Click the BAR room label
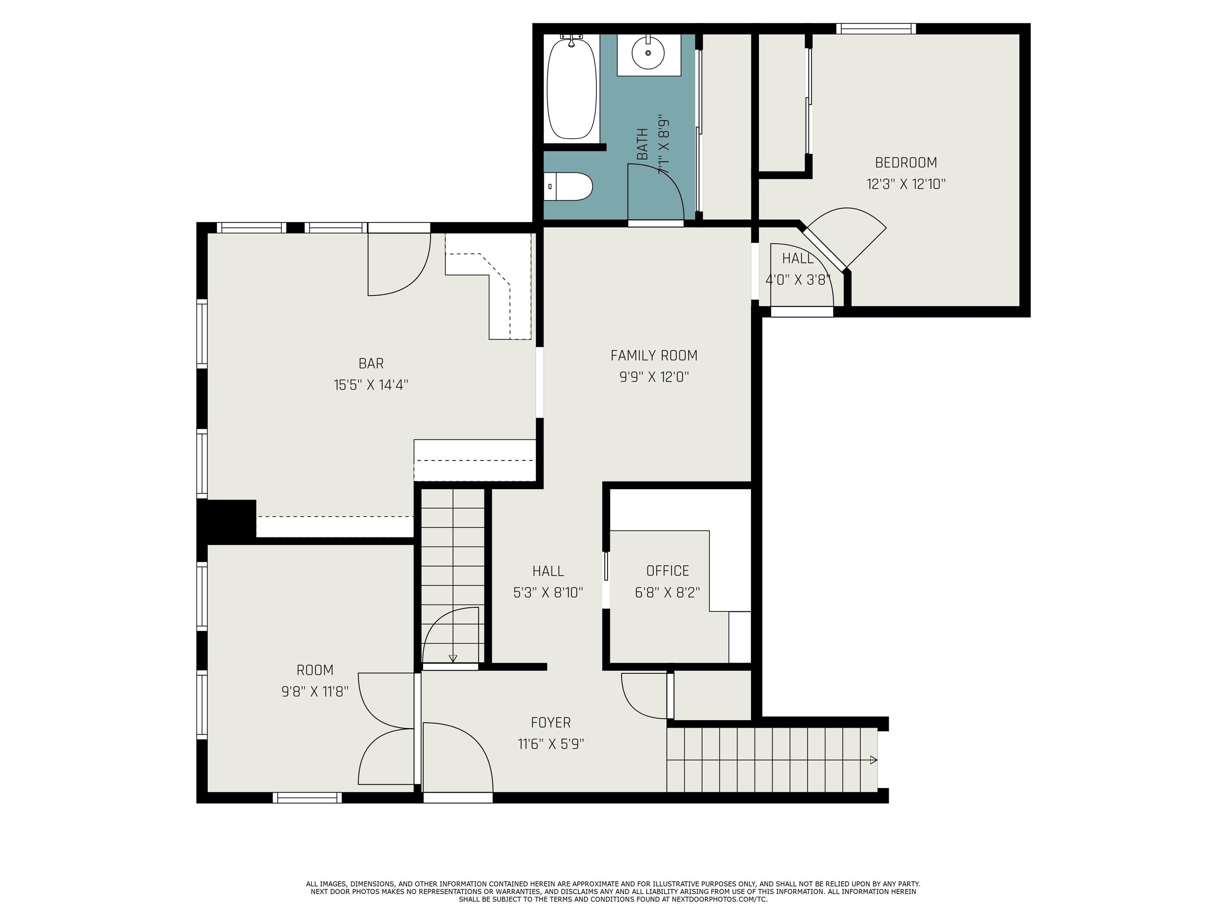371,363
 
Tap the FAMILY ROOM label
654,355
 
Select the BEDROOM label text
906,163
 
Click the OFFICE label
668,571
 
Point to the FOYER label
551,723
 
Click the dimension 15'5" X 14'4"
371,385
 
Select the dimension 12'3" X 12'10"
906,184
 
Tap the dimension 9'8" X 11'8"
315,692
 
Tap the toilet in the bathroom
568,187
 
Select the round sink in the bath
648,53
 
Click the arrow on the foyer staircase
873,760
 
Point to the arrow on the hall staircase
453,658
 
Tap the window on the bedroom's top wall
876,29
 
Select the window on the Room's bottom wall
307,797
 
